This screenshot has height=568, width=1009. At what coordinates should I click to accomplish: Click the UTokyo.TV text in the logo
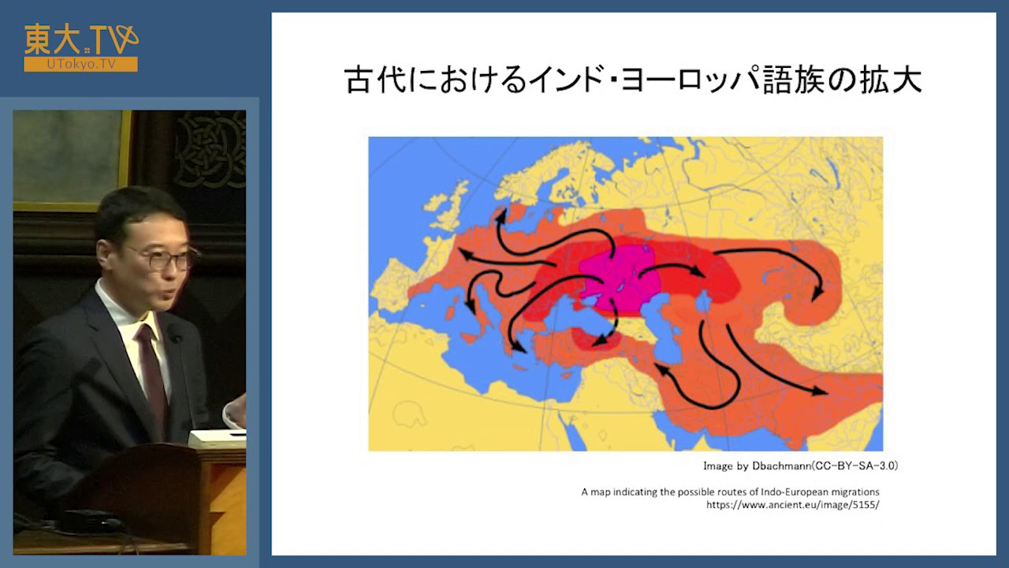(80, 64)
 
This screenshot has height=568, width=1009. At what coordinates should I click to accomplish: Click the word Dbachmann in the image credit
(775, 466)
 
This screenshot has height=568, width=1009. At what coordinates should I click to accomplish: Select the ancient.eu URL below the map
(792, 505)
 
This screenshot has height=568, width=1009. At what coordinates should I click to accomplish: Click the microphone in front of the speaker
(174, 338)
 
